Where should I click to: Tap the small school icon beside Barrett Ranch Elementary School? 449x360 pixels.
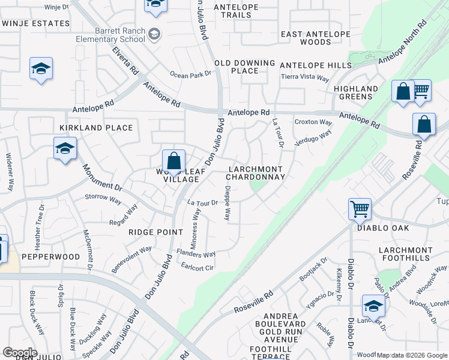(155, 33)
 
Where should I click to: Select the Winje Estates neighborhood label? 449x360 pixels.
(35, 23)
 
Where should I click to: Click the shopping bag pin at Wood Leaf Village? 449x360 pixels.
(173, 161)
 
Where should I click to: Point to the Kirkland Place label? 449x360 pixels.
(96, 128)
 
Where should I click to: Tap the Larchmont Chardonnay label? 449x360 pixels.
(255, 173)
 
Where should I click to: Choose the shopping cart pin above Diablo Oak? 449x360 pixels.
(360, 209)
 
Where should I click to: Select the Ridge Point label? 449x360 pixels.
(155, 232)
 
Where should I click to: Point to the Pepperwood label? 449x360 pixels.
(51, 256)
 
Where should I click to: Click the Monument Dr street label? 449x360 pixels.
(102, 178)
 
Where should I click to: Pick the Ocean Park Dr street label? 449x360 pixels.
(191, 74)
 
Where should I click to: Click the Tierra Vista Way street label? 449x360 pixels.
(306, 78)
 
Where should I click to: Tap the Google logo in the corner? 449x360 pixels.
(20, 352)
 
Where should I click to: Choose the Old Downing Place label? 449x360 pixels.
(244, 67)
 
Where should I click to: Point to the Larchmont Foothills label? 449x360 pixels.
(405, 254)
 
